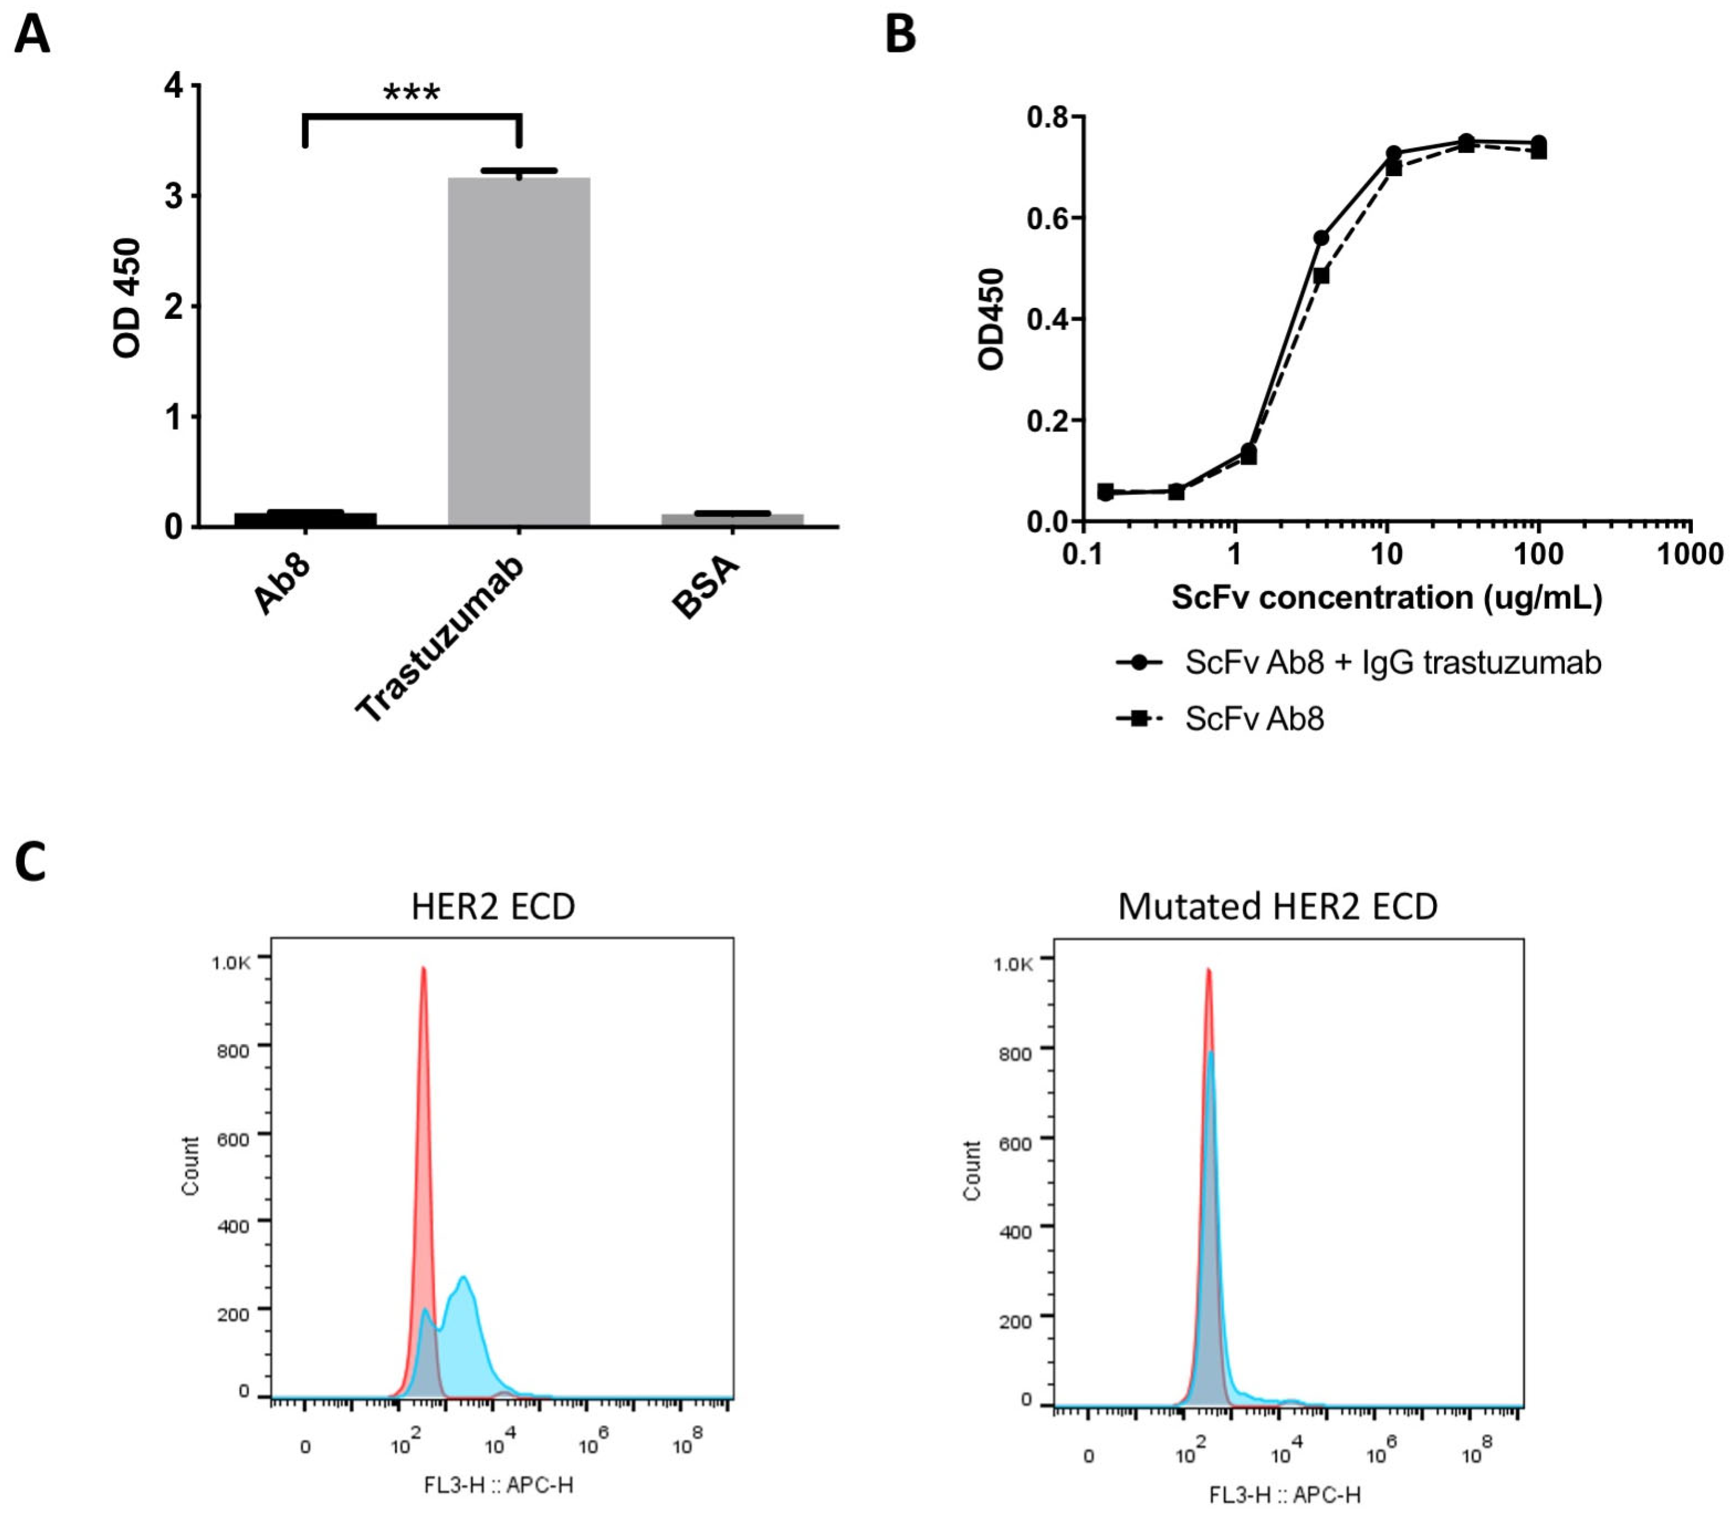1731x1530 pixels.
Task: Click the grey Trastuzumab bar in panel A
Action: [x=518, y=352]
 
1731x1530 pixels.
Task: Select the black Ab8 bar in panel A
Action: [x=305, y=519]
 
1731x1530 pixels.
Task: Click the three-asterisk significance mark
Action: [x=412, y=91]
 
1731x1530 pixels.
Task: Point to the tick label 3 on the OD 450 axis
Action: [x=174, y=196]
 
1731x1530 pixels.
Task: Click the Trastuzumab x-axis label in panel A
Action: [x=441, y=639]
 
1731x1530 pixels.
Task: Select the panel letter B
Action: [x=900, y=36]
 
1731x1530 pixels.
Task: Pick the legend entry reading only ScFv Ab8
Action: [x=1254, y=719]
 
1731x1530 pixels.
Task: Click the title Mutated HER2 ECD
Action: [x=1277, y=906]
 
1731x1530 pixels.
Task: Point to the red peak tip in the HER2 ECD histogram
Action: [x=423, y=969]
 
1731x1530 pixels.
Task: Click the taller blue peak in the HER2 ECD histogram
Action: [x=463, y=1279]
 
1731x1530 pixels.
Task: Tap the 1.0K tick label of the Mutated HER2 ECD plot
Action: [x=1013, y=965]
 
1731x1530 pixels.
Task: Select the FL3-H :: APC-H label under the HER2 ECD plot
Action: [x=499, y=1484]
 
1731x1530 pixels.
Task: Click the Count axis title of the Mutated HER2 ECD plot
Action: [x=971, y=1170]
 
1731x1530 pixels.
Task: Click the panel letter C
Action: [x=31, y=862]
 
